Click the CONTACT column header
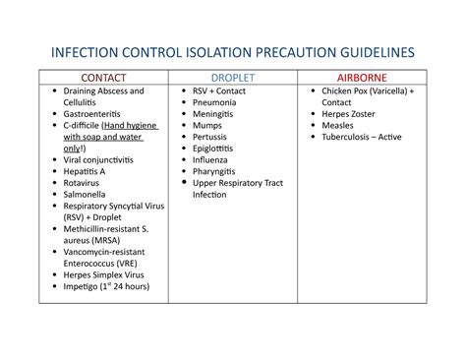pyautogui.click(x=102, y=77)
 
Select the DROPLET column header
pyautogui.click(x=232, y=77)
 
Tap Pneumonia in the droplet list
pyautogui.click(x=215, y=102)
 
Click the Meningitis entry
pyautogui.click(x=214, y=114)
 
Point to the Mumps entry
pyautogui.click(x=206, y=126)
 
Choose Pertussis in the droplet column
pyautogui.click(x=211, y=137)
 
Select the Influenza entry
pyautogui.click(x=212, y=160)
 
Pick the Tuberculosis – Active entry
pyautogui.click(x=362, y=137)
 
